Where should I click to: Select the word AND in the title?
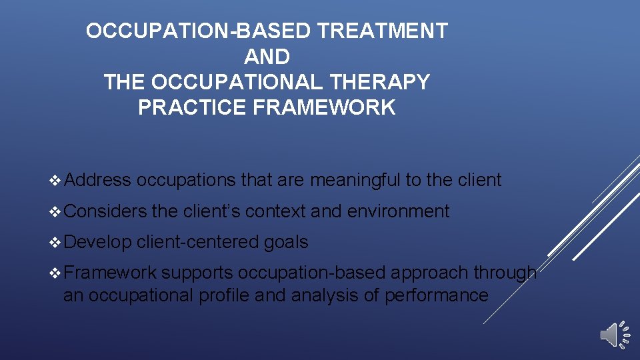[267, 56]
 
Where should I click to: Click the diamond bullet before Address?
[55, 180]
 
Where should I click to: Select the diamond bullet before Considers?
[55, 211]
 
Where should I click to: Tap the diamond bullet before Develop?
[55, 242]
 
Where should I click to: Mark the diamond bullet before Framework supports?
[55, 273]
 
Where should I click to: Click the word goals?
[286, 242]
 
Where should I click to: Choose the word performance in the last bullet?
[436, 295]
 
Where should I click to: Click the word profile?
[224, 295]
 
